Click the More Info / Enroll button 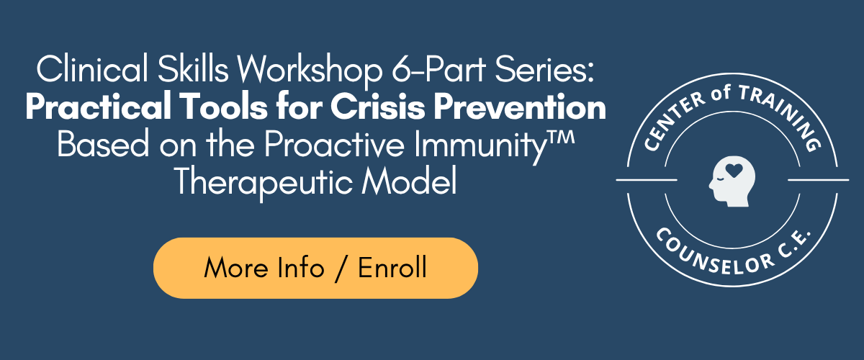(x=315, y=268)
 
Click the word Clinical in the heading (x=92, y=68)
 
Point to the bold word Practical (x=99, y=107)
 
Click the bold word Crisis (x=377, y=107)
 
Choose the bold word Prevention (x=520, y=107)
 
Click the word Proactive (x=334, y=143)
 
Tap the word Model (x=409, y=181)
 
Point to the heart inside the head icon (x=734, y=170)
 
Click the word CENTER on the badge (x=674, y=122)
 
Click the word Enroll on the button (x=392, y=268)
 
